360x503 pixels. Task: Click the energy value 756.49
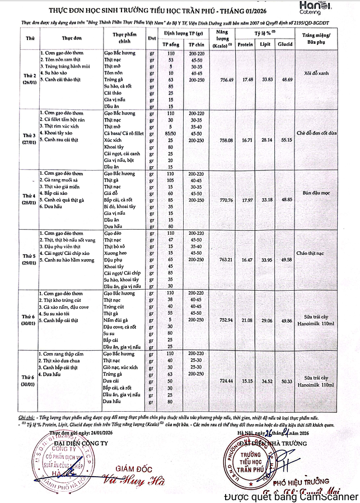pos(211,80)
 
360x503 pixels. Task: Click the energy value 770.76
pos(211,199)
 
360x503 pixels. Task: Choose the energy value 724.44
pos(211,380)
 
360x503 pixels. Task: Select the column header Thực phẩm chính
pos(121,38)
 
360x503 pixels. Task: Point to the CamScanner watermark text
pos(291,496)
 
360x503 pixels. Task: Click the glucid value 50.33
pos(284,380)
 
